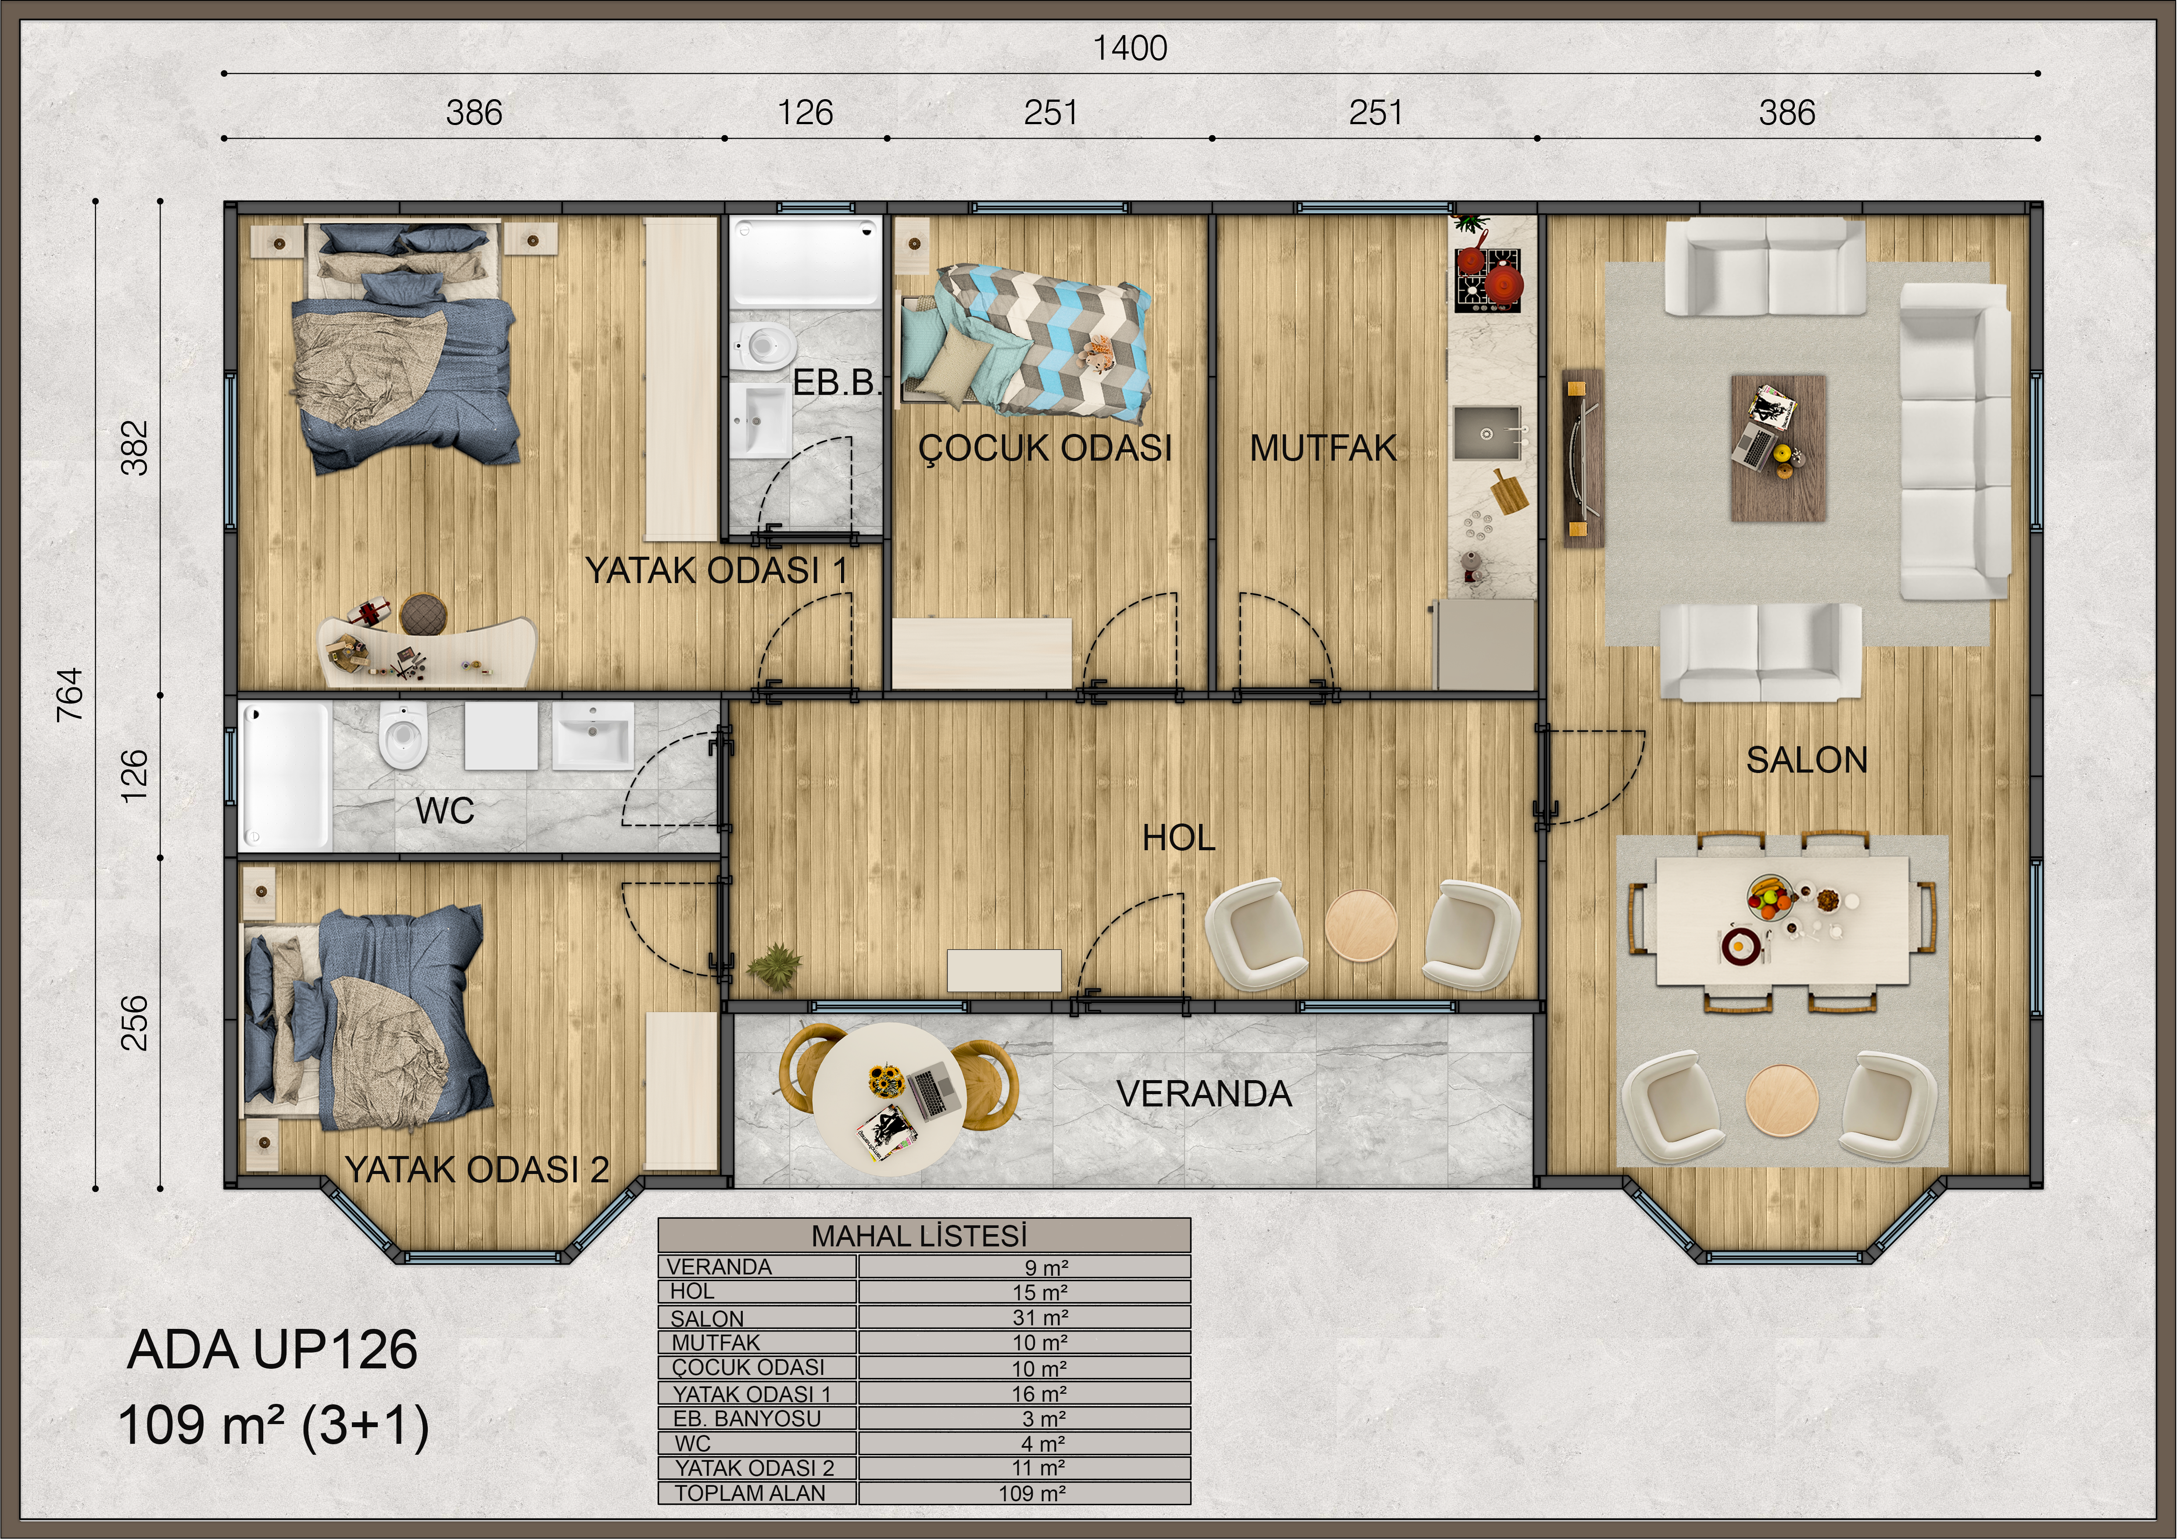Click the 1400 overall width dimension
click(x=1130, y=48)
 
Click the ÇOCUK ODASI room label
click(x=1045, y=447)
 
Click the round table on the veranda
click(x=889, y=1098)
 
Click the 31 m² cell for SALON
click(x=1040, y=1317)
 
